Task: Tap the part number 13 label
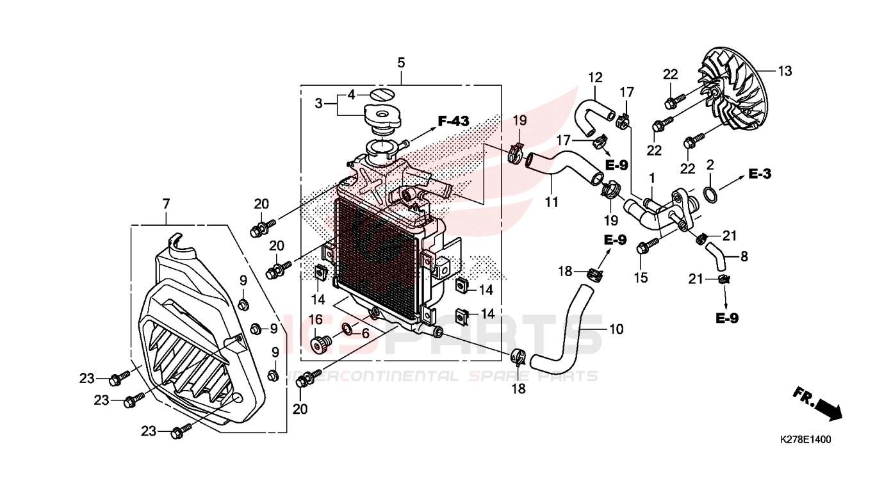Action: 785,71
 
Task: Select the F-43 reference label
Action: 454,120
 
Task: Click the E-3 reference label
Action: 761,174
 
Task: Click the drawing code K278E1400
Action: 805,441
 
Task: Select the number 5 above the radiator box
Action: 401,63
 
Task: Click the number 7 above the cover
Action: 166,204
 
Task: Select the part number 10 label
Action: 616,330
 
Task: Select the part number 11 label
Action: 552,202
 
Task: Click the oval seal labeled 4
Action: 383,95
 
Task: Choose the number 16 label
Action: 316,319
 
